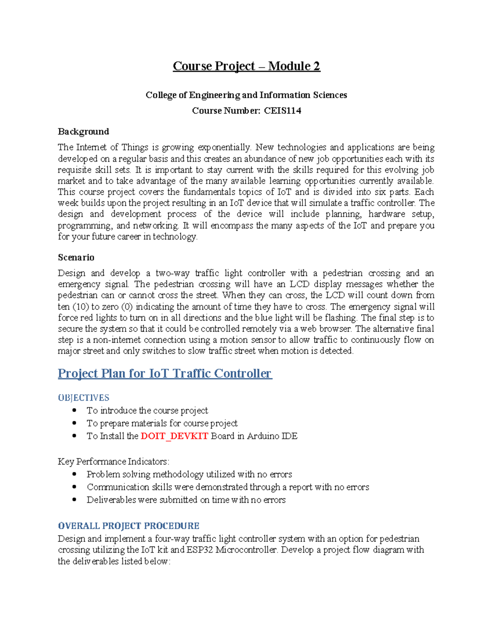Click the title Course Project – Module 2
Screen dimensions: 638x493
[246, 66]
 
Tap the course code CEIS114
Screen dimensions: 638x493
[282, 111]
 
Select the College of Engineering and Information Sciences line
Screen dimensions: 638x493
[246, 95]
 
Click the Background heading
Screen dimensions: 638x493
[83, 131]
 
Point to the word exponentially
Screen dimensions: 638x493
[224, 147]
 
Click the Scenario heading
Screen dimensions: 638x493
[76, 258]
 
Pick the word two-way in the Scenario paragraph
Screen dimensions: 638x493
[172, 273]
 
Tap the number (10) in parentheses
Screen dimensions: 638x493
[81, 307]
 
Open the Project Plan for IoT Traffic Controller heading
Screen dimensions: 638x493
[165, 373]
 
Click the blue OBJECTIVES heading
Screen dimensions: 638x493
[83, 398]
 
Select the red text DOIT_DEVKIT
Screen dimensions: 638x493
[174, 436]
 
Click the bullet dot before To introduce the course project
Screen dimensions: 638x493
[74, 410]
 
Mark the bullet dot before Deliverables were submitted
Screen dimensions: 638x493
[74, 500]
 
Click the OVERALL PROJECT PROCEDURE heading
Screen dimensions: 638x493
[129, 526]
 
